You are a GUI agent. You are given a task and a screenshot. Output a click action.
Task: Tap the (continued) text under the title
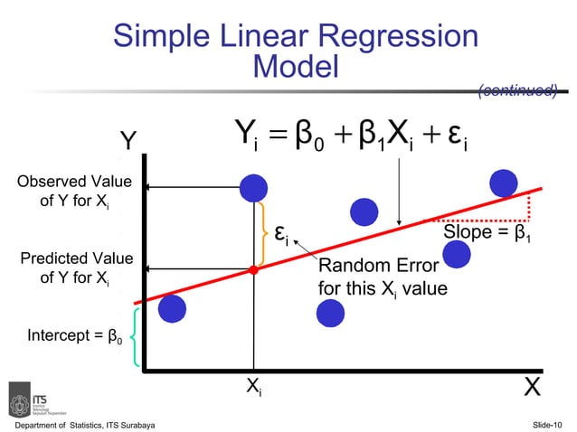(516, 89)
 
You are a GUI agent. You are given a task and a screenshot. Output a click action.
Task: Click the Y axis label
(129, 143)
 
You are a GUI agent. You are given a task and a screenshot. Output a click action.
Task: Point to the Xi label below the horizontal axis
(255, 386)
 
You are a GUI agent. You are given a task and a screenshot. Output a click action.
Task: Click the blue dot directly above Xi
(254, 187)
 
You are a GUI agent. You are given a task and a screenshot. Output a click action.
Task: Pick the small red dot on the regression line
(254, 269)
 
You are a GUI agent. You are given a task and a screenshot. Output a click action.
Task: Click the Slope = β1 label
(486, 234)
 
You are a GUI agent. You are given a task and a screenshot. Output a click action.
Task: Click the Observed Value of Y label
(74, 192)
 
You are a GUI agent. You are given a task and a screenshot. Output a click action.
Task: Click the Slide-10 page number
(547, 424)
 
